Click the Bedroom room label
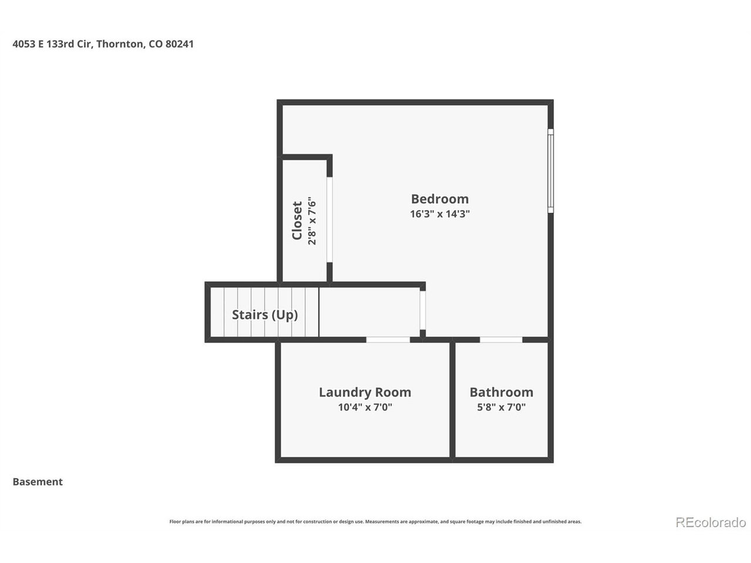point(439,199)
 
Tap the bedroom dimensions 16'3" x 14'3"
point(439,213)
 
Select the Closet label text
point(297,221)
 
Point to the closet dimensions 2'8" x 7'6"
point(312,221)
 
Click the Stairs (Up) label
point(265,314)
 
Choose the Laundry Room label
point(365,392)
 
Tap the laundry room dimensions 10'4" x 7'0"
point(365,407)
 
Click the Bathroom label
point(501,392)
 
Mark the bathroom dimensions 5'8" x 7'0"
point(501,407)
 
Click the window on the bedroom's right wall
point(550,171)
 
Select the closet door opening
point(330,219)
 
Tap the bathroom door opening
point(501,340)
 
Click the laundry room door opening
point(388,340)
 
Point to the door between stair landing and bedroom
point(423,310)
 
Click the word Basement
point(38,481)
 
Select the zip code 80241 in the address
point(180,44)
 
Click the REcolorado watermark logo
point(711,523)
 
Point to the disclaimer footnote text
point(375,521)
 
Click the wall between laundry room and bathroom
point(452,399)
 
